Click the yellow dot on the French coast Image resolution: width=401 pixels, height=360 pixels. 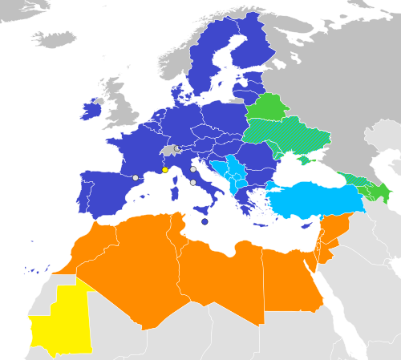click(164, 170)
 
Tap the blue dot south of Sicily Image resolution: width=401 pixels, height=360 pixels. click(205, 221)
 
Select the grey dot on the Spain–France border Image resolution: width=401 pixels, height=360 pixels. click(136, 178)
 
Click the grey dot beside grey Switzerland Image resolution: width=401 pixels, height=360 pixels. click(176, 148)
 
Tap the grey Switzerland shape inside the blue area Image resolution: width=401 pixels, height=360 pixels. click(168, 151)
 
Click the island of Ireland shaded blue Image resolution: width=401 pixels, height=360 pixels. click(92, 109)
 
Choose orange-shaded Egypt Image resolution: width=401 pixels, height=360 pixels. click(293, 277)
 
